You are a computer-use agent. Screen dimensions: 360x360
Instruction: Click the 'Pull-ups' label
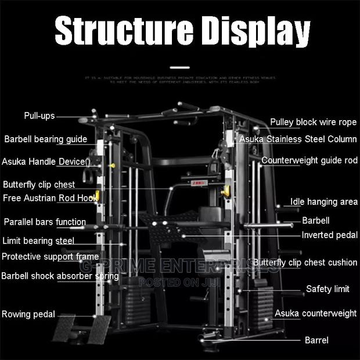[x=39, y=116]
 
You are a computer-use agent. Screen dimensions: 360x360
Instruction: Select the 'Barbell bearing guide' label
[x=46, y=139]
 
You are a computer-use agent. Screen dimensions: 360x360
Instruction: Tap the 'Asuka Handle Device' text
[x=44, y=162]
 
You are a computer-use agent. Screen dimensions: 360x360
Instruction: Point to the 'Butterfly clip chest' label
[x=39, y=185]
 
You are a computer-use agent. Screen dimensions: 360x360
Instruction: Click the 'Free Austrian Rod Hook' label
[x=50, y=198]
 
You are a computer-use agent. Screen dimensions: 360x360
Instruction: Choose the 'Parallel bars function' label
[x=45, y=222]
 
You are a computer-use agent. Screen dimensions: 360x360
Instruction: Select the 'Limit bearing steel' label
[x=38, y=240]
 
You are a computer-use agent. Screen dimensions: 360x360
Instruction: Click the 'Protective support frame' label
[x=50, y=257]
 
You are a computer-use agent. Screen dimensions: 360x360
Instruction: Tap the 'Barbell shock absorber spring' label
[x=60, y=276]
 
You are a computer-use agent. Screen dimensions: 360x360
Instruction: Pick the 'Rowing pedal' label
[x=28, y=314]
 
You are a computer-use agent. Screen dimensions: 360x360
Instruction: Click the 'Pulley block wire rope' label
[x=314, y=122]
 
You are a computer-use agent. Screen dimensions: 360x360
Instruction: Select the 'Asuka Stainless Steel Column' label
[x=298, y=139]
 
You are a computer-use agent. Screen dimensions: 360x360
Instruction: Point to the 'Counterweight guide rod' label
[x=309, y=160]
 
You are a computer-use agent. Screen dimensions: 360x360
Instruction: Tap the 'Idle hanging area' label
[x=324, y=202]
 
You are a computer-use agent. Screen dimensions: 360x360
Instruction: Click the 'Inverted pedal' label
[x=325, y=235]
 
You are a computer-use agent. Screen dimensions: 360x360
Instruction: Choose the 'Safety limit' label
[x=327, y=289]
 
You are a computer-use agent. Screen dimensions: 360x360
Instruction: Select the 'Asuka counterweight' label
[x=316, y=313]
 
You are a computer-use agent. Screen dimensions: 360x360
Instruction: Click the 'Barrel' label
[x=316, y=340]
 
